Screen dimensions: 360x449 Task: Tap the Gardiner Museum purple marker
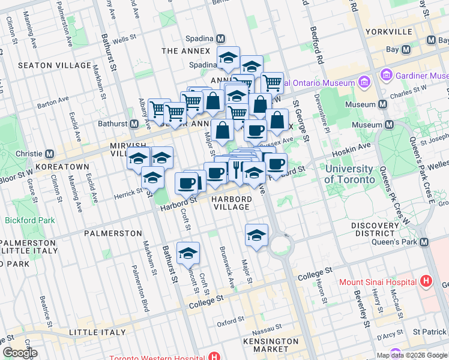(x=387, y=76)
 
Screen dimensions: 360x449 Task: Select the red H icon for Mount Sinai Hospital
(x=426, y=281)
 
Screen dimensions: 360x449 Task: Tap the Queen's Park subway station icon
(x=424, y=242)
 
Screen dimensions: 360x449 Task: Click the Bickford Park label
(x=29, y=220)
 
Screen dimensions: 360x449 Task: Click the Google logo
(x=20, y=353)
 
